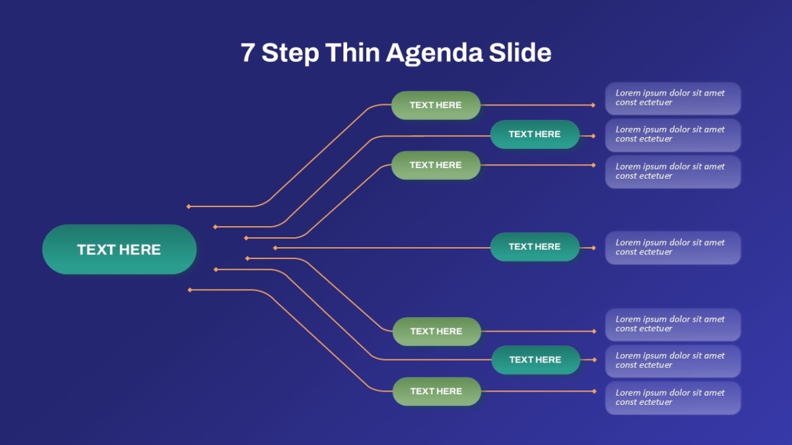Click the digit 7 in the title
[247, 52]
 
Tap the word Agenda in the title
[434, 53]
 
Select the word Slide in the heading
[520, 52]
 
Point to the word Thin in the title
[352, 52]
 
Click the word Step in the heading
[290, 53]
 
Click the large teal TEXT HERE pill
[119, 249]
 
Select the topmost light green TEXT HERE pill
[436, 105]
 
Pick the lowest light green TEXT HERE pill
[437, 392]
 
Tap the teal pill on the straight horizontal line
[535, 247]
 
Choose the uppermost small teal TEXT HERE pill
[535, 134]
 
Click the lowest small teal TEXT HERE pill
[536, 360]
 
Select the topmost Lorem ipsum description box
[673, 98]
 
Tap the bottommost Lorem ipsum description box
[673, 398]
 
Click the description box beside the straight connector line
[673, 248]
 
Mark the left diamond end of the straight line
[275, 248]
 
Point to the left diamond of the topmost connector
[189, 206]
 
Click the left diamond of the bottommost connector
[190, 290]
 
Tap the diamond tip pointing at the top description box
[593, 105]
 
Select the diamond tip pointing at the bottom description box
[594, 392]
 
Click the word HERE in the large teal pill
[140, 250]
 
